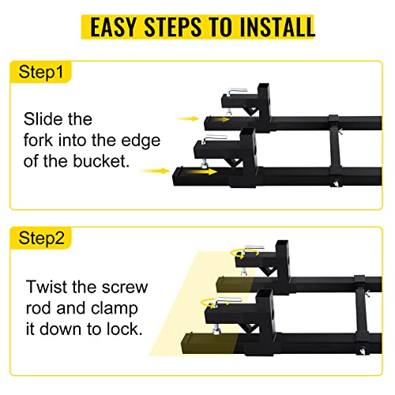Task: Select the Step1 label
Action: pyautogui.click(x=41, y=72)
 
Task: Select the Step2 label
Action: pyautogui.click(x=41, y=238)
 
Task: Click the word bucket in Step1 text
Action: pyautogui.click(x=101, y=161)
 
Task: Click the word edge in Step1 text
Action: pyautogui.click(x=141, y=141)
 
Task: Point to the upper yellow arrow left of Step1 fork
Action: pyautogui.click(x=188, y=118)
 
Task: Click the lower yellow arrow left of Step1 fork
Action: pyautogui.click(x=155, y=171)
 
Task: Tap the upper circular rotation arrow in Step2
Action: pyautogui.click(x=245, y=254)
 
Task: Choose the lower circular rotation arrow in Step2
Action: pyautogui.click(x=215, y=303)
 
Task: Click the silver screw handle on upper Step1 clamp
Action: pyautogui.click(x=237, y=92)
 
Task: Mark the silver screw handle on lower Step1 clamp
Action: pyautogui.click(x=214, y=138)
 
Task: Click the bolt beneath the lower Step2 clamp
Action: pyautogui.click(x=216, y=330)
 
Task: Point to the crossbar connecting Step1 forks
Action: pyautogui.click(x=335, y=149)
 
